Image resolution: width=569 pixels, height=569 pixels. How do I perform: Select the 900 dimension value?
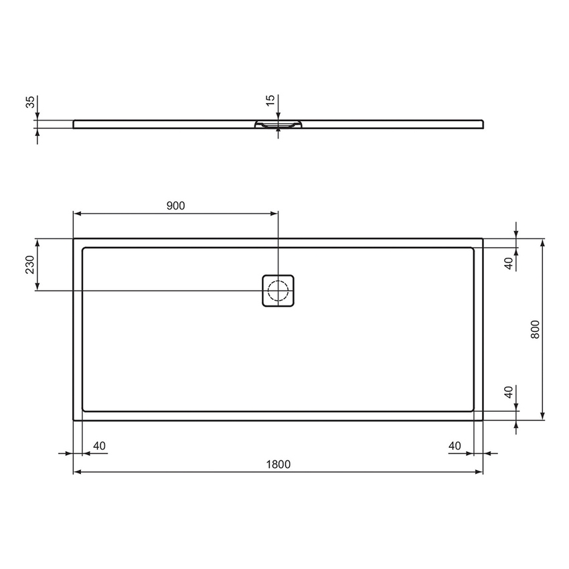(x=175, y=206)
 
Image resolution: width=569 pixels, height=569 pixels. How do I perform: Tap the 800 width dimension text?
(x=535, y=329)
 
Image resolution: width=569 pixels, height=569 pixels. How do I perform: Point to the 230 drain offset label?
(x=29, y=265)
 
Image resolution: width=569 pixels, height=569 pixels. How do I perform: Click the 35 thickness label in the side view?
(x=29, y=102)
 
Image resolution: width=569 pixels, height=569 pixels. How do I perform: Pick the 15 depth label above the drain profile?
(x=270, y=100)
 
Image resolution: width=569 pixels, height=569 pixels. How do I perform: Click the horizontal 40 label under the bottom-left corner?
(x=99, y=445)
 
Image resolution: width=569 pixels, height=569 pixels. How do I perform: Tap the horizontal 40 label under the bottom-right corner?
(x=455, y=445)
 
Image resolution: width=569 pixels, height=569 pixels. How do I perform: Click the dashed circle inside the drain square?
(x=278, y=291)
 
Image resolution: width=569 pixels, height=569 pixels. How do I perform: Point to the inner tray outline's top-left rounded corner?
(x=84, y=250)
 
